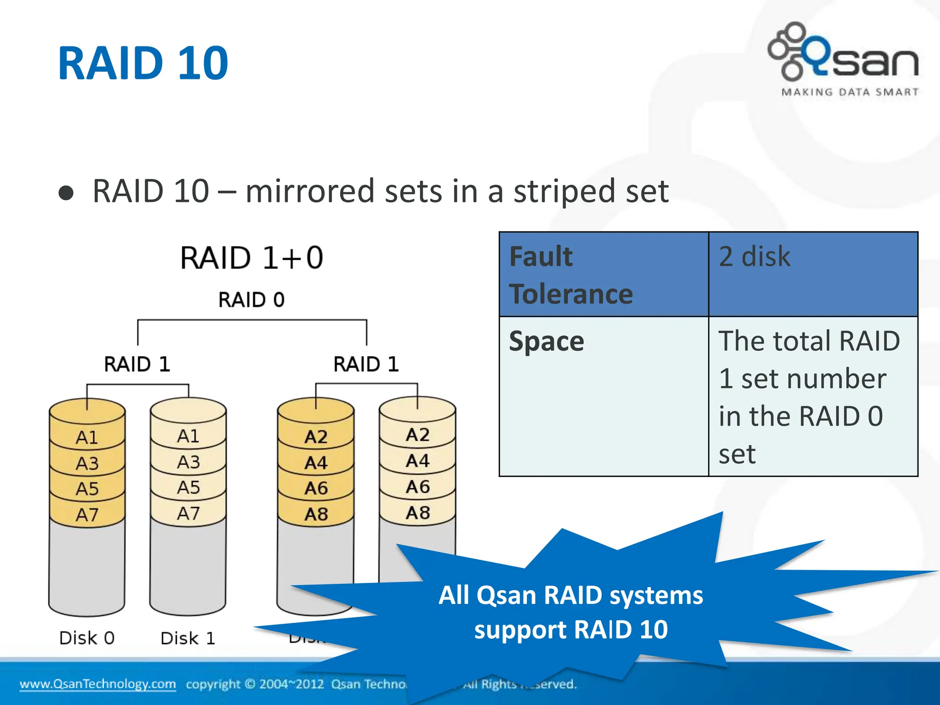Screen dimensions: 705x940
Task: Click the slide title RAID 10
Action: tap(143, 63)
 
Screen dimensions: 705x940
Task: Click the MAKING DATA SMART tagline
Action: tap(850, 92)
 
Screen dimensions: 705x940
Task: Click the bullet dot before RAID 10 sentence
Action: tap(66, 193)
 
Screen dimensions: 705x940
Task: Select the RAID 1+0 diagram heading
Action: tap(252, 257)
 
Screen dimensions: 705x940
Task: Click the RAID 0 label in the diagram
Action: tap(251, 300)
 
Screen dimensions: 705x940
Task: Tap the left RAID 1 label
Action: tap(137, 364)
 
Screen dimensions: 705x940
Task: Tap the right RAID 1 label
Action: tap(366, 364)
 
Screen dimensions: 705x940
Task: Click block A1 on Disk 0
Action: tap(87, 437)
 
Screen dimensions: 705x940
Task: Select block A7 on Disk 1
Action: tap(188, 513)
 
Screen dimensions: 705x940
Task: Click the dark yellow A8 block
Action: tap(316, 514)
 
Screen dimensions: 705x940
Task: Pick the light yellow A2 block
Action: tap(417, 435)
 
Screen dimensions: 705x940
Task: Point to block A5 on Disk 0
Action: tap(87, 488)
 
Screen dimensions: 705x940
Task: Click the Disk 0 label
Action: tap(87, 638)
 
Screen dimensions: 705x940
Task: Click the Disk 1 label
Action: tap(188, 638)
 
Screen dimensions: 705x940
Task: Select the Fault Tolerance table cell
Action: tap(603, 274)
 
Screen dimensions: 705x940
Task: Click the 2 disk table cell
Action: tap(812, 274)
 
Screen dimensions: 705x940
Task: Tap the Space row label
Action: tap(603, 396)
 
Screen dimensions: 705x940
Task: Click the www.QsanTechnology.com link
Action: tap(97, 684)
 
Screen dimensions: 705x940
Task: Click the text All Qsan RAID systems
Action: tap(571, 595)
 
